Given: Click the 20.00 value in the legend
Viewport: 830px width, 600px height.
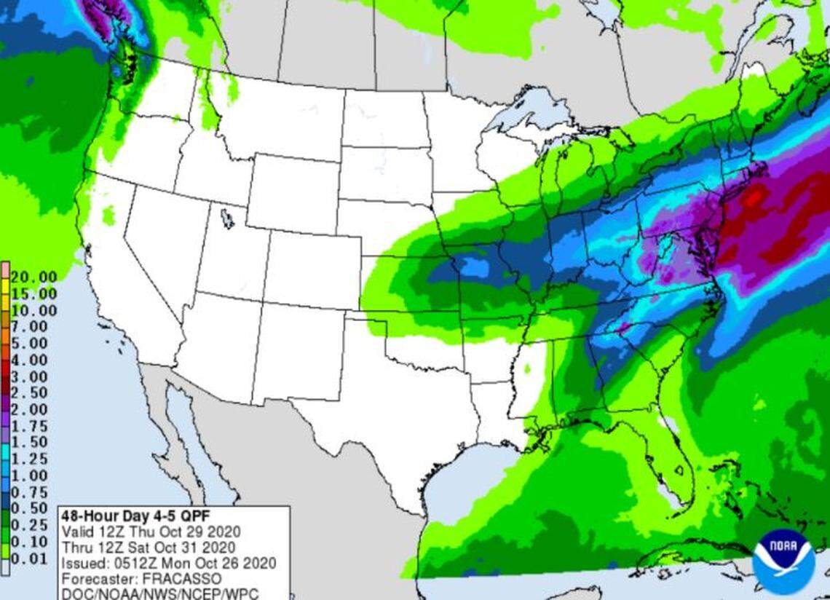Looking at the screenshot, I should point(34,277).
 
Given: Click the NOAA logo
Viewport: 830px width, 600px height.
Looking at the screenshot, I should point(783,561).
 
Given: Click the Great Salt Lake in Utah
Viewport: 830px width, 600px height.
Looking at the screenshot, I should point(228,218).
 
